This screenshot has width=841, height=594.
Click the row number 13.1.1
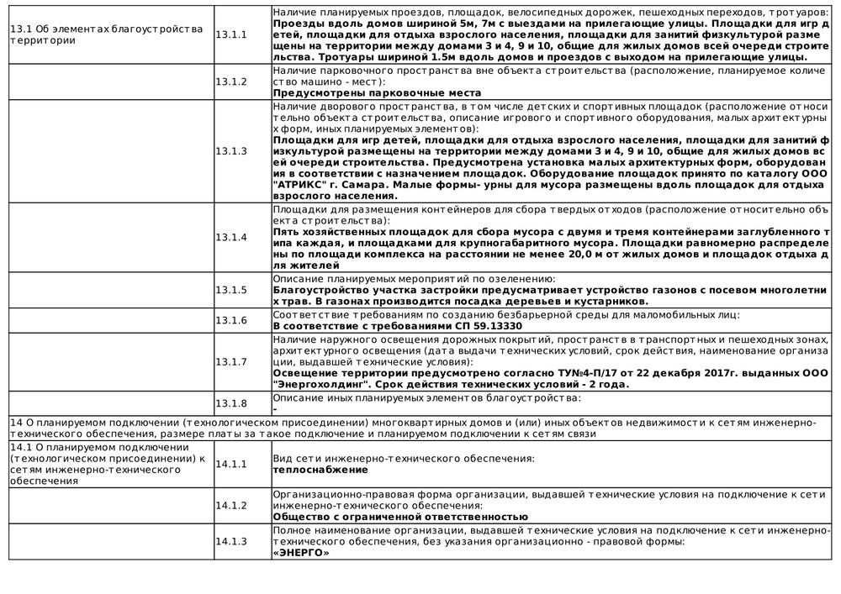[x=231, y=34]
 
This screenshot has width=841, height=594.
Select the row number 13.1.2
[x=231, y=81]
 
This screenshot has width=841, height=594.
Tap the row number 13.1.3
[x=231, y=151]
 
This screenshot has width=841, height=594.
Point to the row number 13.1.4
[x=231, y=237]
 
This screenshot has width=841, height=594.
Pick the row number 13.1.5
[x=231, y=290]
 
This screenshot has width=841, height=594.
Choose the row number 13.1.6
[x=231, y=320]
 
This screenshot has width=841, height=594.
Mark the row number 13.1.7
[x=231, y=361]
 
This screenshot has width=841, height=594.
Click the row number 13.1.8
[x=231, y=402]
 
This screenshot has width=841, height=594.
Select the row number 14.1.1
[x=231, y=464]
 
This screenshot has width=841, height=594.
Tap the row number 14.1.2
[x=231, y=505]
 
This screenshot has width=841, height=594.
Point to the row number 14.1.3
[x=231, y=541]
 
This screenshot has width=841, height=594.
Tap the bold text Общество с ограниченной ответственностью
[x=400, y=517]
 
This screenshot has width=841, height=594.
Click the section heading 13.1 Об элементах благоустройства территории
[x=106, y=34]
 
